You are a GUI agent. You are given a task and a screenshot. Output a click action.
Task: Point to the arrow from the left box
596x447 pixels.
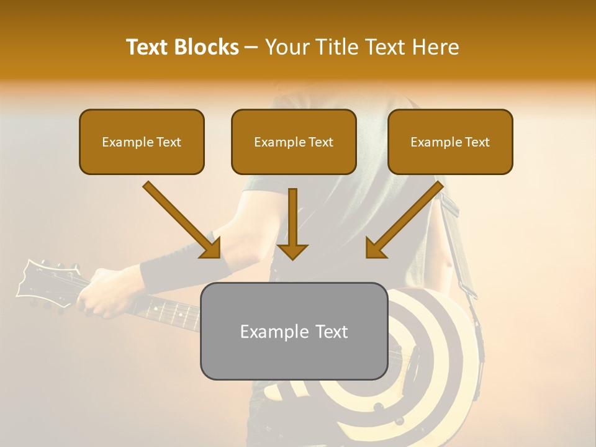(x=180, y=219)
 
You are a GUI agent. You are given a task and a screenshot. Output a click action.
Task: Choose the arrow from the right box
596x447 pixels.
(x=407, y=219)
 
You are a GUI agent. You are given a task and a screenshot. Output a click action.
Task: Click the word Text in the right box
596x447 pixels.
(x=477, y=142)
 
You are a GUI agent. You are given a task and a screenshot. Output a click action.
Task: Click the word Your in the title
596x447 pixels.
(x=286, y=47)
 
